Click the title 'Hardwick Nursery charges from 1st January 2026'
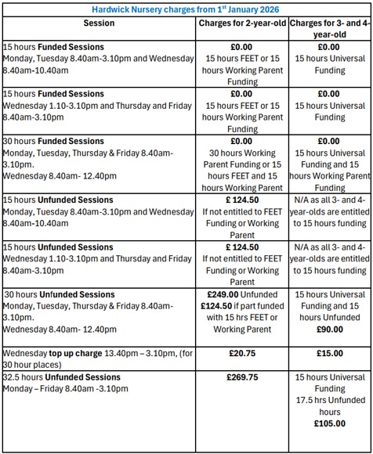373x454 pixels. click(x=186, y=8)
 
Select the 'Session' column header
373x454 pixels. click(x=99, y=23)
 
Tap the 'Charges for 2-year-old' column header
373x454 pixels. click(x=242, y=23)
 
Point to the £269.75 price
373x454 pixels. click(x=242, y=377)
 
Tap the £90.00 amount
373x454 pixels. click(x=329, y=329)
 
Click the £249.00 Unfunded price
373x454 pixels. click(x=242, y=294)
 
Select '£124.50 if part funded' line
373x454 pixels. click(x=242, y=306)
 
